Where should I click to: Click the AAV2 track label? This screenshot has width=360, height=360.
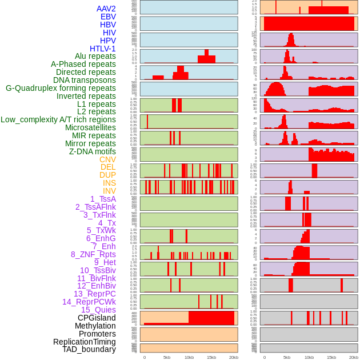click(x=106, y=9)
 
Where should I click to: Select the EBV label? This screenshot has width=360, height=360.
click(x=108, y=17)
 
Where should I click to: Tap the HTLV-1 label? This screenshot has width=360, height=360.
click(x=102, y=49)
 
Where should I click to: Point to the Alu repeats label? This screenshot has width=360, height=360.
click(x=95, y=56)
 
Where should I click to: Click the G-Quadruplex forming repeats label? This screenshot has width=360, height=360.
click(x=61, y=88)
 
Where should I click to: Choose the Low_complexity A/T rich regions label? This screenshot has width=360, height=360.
click(x=58, y=119)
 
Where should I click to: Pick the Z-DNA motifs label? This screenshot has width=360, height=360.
click(x=93, y=151)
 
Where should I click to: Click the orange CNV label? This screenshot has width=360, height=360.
click(x=107, y=159)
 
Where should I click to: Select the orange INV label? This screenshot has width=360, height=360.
click(x=109, y=191)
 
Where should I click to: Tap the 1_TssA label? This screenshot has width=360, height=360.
click(x=103, y=199)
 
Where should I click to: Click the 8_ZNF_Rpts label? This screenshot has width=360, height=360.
click(x=93, y=254)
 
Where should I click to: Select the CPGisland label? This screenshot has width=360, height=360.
click(x=97, y=318)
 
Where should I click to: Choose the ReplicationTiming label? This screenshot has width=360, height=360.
click(x=84, y=342)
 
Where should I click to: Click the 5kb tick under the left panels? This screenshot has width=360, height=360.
click(x=167, y=357)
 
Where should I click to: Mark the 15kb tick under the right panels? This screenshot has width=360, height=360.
click(x=331, y=357)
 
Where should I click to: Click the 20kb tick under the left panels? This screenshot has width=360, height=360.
click(x=234, y=357)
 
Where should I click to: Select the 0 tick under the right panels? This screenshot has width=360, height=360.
click(x=264, y=357)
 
